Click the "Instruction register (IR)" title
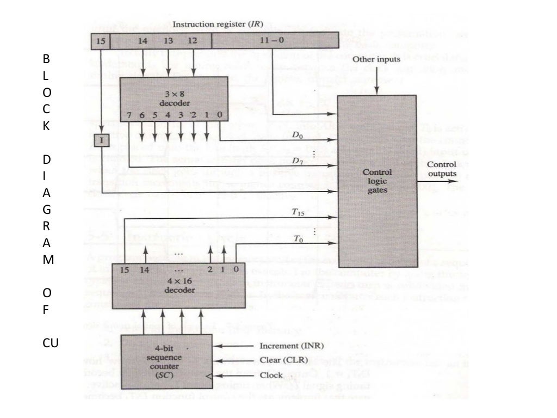pos(218,24)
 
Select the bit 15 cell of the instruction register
pos(101,41)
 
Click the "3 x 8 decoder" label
pos(170,98)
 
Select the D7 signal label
pos(297,161)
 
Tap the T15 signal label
pos(297,213)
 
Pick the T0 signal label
pos(297,238)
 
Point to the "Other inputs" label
pos(376,59)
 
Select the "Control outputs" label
pos(442,169)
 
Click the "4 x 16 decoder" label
pos(177,285)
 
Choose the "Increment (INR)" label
pos(287,346)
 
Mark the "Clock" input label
pos(271,375)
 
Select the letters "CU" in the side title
pos(51,343)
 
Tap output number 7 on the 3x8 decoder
pos(129,115)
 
